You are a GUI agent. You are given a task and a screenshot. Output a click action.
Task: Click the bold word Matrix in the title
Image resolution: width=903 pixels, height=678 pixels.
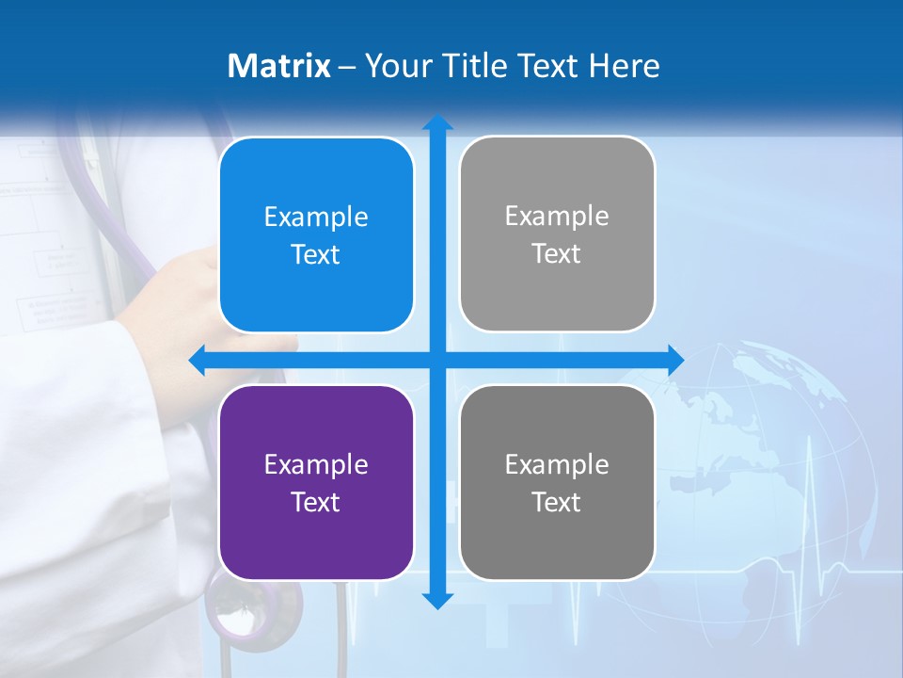coord(279,66)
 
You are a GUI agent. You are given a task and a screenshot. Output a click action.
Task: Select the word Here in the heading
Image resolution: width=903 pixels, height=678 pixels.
coord(625,66)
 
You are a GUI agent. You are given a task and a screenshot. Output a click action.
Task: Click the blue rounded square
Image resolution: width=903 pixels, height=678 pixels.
coord(316,234)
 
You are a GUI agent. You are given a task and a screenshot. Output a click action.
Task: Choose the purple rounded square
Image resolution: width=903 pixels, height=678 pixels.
coord(316,482)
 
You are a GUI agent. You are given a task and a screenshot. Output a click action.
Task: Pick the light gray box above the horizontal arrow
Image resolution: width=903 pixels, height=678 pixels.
coord(557,234)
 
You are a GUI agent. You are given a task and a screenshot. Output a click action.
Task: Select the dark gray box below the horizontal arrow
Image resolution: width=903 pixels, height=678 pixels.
coord(557,482)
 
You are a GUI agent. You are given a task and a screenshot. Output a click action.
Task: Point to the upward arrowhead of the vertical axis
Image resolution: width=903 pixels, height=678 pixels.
coord(437,122)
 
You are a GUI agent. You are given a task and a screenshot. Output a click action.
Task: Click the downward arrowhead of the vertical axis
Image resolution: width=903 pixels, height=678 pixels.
coord(437,600)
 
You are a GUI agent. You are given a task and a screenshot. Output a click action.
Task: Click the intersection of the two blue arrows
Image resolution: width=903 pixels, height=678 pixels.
coord(437,360)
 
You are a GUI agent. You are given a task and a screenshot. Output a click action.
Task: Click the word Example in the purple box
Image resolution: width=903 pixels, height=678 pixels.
coord(316,464)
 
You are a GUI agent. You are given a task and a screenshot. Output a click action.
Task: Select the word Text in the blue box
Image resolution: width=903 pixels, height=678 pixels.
coord(316,255)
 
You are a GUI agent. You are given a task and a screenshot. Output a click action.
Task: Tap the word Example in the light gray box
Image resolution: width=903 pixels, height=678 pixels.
coord(557,216)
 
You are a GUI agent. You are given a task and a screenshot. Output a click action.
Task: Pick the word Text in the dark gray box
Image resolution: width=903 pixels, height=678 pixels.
coord(557,503)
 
